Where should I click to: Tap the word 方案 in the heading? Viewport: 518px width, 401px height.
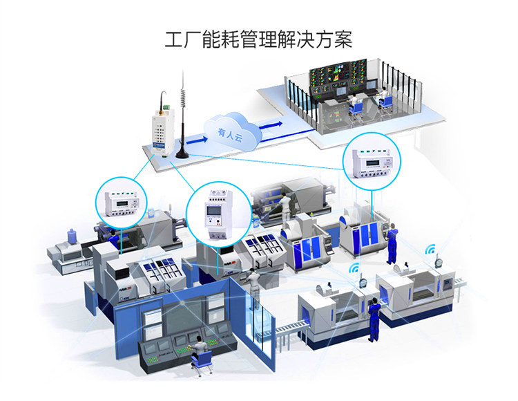(x=334, y=39)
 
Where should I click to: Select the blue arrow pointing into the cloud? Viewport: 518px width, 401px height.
(x=197, y=140)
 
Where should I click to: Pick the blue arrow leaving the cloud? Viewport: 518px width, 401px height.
(x=271, y=125)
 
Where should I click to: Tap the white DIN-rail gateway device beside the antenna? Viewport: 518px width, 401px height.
(x=162, y=131)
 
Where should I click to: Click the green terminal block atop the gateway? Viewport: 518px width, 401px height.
(x=166, y=107)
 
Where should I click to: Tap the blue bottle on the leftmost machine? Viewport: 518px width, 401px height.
(x=72, y=236)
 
